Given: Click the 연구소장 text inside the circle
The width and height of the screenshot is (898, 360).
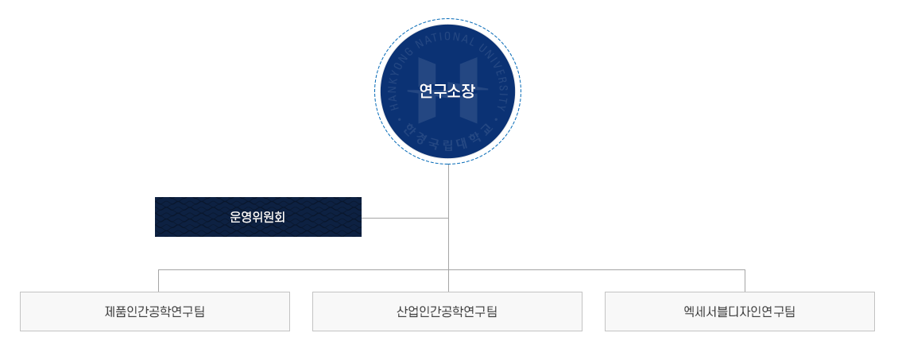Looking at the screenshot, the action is tap(447, 91).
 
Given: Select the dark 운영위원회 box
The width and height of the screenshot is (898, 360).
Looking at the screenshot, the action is tap(258, 217).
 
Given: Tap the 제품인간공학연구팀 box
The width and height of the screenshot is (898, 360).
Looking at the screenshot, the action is tap(155, 312).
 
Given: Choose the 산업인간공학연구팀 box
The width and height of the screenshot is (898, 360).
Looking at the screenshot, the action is tap(447, 312).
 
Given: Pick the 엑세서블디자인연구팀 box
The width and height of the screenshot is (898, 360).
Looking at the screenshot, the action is tap(740, 312).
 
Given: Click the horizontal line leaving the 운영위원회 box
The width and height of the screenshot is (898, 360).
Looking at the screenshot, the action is tap(405, 218).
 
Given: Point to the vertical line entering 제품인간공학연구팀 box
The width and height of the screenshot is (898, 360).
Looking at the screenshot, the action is tap(159, 281).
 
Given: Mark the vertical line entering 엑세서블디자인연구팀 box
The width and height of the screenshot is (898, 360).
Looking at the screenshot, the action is tap(745, 281).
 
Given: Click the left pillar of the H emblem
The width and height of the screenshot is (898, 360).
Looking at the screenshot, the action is tap(427, 91).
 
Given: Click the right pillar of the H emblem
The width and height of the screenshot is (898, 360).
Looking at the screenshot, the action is tap(469, 91).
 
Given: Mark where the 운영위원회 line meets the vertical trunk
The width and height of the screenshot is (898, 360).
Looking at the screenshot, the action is tap(448, 218).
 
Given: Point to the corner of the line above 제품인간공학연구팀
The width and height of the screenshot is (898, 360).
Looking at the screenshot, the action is tap(159, 269).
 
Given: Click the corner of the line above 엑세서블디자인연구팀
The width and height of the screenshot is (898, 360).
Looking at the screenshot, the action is tap(745, 269).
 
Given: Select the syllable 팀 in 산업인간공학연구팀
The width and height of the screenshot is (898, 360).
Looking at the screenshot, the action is tap(491, 312).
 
